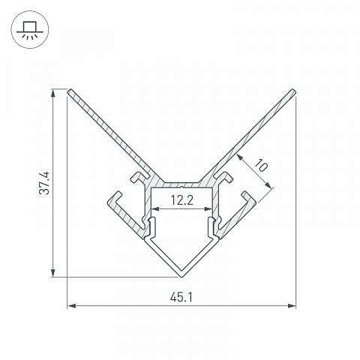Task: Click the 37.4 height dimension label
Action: (x=44, y=183)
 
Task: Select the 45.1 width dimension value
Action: (x=181, y=298)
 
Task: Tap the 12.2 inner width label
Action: (x=181, y=200)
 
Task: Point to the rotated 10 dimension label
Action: (x=261, y=165)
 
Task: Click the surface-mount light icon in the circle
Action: (x=30, y=30)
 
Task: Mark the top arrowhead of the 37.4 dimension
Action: (x=53, y=93)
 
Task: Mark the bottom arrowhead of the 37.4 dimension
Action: (x=53, y=272)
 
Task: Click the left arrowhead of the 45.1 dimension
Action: (x=72, y=306)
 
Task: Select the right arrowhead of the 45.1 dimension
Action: (x=292, y=306)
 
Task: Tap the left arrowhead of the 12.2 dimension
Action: (x=155, y=208)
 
